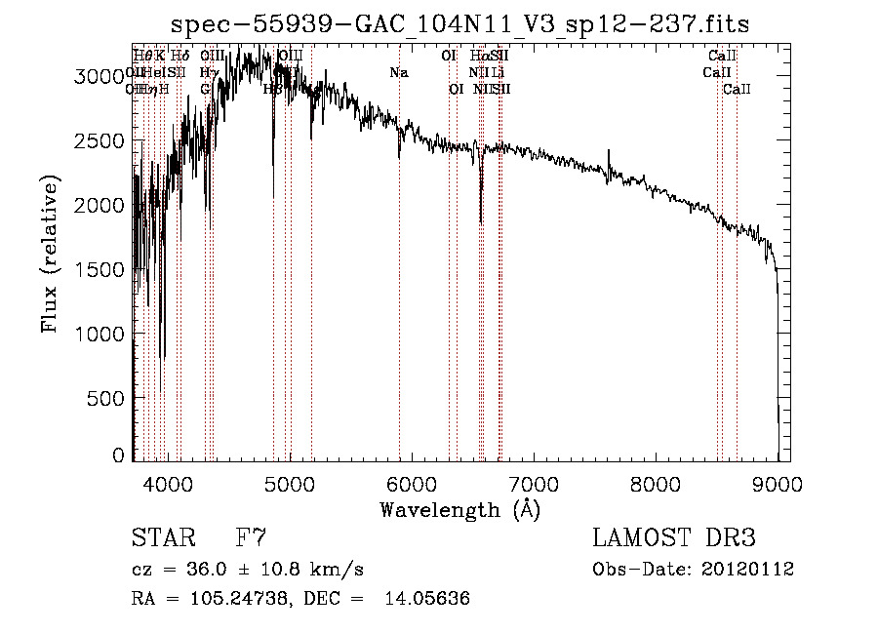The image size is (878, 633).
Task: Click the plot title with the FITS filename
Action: coord(459,23)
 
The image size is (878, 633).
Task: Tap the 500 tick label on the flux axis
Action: coord(107,398)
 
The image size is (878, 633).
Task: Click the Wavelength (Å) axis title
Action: coord(459,509)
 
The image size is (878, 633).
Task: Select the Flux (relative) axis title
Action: coord(50,256)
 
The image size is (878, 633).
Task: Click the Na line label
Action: coord(399,72)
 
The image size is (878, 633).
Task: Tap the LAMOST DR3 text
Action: coord(673,538)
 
